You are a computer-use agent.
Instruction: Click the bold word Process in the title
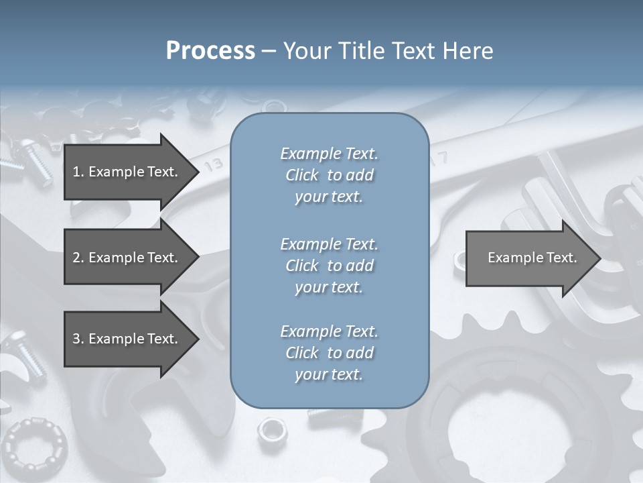click(210, 50)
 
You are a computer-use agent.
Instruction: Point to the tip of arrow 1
click(198, 172)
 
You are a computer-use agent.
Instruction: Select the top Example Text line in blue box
click(329, 154)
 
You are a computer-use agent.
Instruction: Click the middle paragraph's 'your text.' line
click(329, 287)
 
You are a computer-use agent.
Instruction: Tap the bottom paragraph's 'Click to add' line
click(329, 353)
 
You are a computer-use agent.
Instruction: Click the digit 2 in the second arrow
click(76, 258)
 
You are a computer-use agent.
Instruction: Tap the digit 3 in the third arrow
click(76, 339)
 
